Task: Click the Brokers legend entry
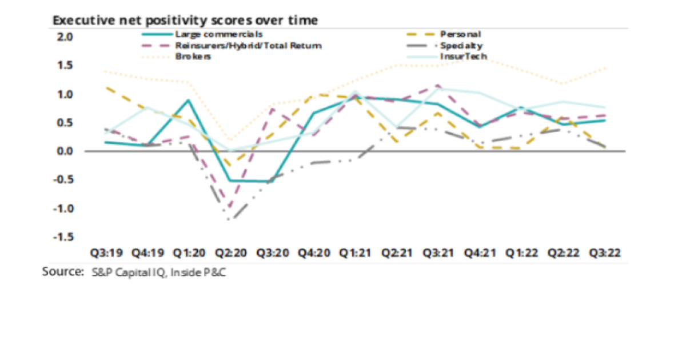[194, 57]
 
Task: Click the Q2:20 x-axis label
[231, 253]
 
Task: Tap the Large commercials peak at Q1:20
[188, 100]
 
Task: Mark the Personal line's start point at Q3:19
[106, 87]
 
